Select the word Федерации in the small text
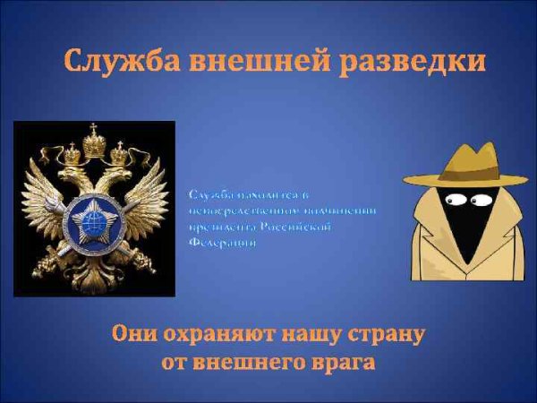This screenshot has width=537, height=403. point(216,243)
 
